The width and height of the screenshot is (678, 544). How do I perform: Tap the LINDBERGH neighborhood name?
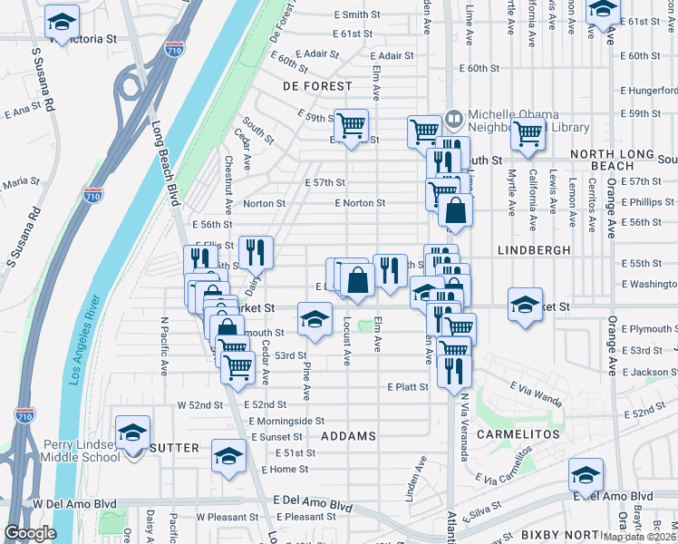(534, 248)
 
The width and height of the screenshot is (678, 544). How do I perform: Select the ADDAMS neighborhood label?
(348, 436)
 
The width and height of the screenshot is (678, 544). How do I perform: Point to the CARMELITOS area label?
(521, 435)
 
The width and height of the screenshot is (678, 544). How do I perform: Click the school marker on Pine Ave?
(315, 320)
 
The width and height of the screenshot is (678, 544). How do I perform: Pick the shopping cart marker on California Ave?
(528, 133)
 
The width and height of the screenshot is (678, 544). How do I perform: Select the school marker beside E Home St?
(228, 455)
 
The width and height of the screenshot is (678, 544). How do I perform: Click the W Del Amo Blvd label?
(75, 503)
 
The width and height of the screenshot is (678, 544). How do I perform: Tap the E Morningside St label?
(286, 421)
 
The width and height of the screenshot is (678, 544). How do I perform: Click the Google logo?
(30, 533)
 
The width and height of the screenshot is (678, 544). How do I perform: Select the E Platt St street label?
(407, 386)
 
